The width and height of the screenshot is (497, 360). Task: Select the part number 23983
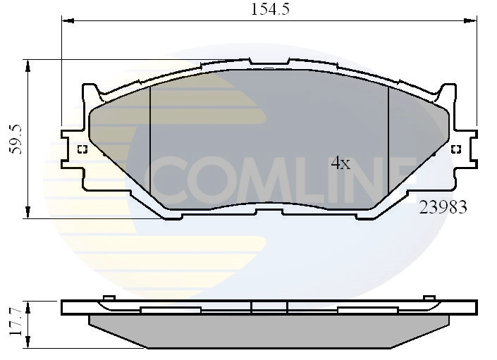(x=443, y=207)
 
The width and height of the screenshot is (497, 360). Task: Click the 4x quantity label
(x=340, y=163)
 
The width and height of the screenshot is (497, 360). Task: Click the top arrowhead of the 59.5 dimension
(x=28, y=66)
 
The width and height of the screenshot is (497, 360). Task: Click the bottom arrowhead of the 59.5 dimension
(x=28, y=212)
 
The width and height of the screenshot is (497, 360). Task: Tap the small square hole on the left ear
(x=82, y=149)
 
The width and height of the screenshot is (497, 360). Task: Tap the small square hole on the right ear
(x=455, y=149)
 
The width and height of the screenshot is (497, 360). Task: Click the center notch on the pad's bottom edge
(x=268, y=211)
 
